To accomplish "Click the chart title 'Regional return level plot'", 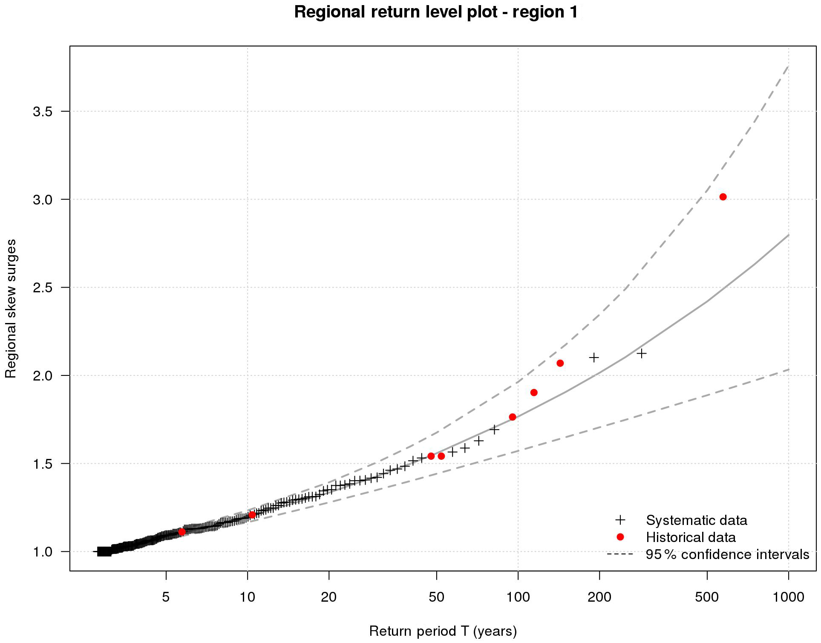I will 436,12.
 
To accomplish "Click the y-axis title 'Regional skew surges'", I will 11,308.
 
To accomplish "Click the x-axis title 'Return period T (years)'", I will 443,631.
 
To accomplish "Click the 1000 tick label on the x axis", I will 788,597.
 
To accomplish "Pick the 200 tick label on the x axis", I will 599,597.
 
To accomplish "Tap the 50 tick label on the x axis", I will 436,597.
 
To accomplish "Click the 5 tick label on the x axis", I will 166,597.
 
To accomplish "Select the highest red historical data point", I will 723,197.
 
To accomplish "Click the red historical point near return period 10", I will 252,515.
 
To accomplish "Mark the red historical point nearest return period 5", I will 181,532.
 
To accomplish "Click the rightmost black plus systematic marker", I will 641,353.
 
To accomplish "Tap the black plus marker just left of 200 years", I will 593,358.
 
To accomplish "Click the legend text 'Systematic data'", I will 696,520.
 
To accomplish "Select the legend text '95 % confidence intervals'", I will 727,554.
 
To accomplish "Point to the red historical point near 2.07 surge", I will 560,363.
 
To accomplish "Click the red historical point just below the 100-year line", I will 512,417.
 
